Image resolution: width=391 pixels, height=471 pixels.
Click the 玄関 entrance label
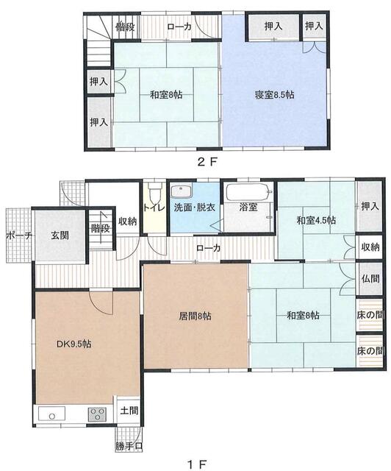click(x=60, y=235)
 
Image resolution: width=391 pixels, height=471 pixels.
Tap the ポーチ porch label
click(x=19, y=235)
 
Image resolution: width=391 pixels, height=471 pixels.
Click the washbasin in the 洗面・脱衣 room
click(x=181, y=191)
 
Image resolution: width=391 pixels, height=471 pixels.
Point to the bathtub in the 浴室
click(x=249, y=192)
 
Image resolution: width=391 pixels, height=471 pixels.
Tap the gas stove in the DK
click(x=97, y=414)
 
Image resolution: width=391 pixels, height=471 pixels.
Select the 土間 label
click(x=129, y=411)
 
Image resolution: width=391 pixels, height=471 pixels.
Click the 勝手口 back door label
click(x=129, y=447)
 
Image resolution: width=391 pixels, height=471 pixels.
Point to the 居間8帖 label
click(x=195, y=316)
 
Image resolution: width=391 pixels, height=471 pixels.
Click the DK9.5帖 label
click(x=74, y=344)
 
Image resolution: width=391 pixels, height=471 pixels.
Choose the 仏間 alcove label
click(x=370, y=278)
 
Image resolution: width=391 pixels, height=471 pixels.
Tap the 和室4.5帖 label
click(x=316, y=220)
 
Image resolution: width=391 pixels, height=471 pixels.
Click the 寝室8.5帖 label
click(x=274, y=95)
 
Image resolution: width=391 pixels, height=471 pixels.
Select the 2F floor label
click(x=207, y=162)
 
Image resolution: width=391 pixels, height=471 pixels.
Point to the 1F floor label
click(x=197, y=464)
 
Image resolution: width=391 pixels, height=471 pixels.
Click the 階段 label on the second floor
click(x=125, y=27)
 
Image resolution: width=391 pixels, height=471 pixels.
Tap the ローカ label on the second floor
click(x=179, y=26)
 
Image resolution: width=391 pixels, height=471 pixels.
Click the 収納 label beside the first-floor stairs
click(x=128, y=222)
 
